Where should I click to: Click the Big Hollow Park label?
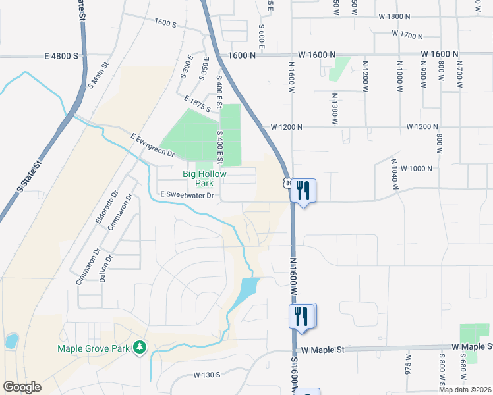(x=204, y=178)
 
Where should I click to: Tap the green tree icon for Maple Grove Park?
(x=139, y=346)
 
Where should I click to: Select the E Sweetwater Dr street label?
(x=188, y=196)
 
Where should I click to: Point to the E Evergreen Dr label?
(x=152, y=145)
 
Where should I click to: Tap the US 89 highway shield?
(x=287, y=183)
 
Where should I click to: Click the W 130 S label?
(x=207, y=375)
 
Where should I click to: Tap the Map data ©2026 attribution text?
(x=465, y=390)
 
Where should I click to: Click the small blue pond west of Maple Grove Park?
(x=11, y=341)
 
